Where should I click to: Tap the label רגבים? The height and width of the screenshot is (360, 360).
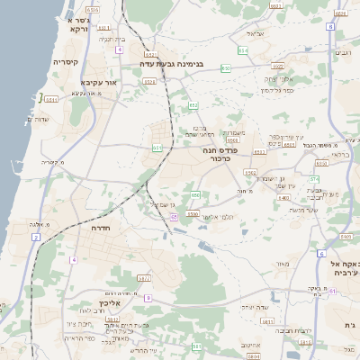point(343,52)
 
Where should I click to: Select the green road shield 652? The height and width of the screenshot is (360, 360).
point(193,105)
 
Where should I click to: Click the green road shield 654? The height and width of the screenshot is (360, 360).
point(243,51)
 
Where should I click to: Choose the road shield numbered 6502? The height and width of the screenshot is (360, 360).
point(278,66)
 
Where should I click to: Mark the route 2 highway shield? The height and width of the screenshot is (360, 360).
point(36,237)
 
